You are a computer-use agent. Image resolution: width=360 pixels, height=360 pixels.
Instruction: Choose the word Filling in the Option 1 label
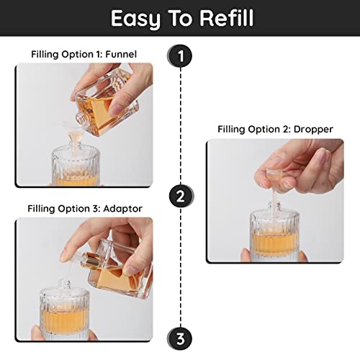(48, 54)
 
